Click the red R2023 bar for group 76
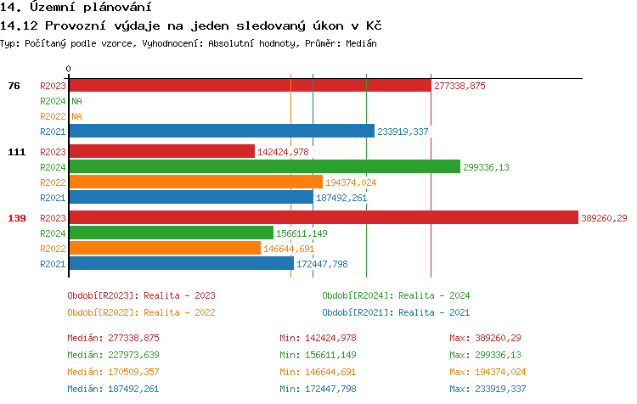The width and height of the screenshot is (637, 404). pos(250,86)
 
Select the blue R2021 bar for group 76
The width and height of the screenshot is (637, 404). pos(221,132)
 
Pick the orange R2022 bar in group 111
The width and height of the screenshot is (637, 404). pos(195,182)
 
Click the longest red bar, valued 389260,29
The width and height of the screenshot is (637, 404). pos(323,218)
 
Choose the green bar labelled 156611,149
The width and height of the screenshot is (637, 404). pos(171,233)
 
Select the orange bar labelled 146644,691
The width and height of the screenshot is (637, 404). pos(165,248)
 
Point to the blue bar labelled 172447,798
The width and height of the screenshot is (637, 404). pos(181,264)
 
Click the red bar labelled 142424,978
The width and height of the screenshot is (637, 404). pos(161,151)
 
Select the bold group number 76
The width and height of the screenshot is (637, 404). pos(14,86)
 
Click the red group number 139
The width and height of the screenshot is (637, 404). pos(17,218)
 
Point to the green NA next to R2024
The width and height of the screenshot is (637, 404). pos(76,101)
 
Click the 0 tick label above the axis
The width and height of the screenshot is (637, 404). pos(69,69)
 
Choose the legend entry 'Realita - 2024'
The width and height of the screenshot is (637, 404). pos(396,295)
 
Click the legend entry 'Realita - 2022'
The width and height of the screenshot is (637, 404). pos(141,311)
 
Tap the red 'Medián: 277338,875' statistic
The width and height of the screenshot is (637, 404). pos(113,338)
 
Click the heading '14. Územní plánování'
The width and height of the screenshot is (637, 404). pos(69,8)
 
